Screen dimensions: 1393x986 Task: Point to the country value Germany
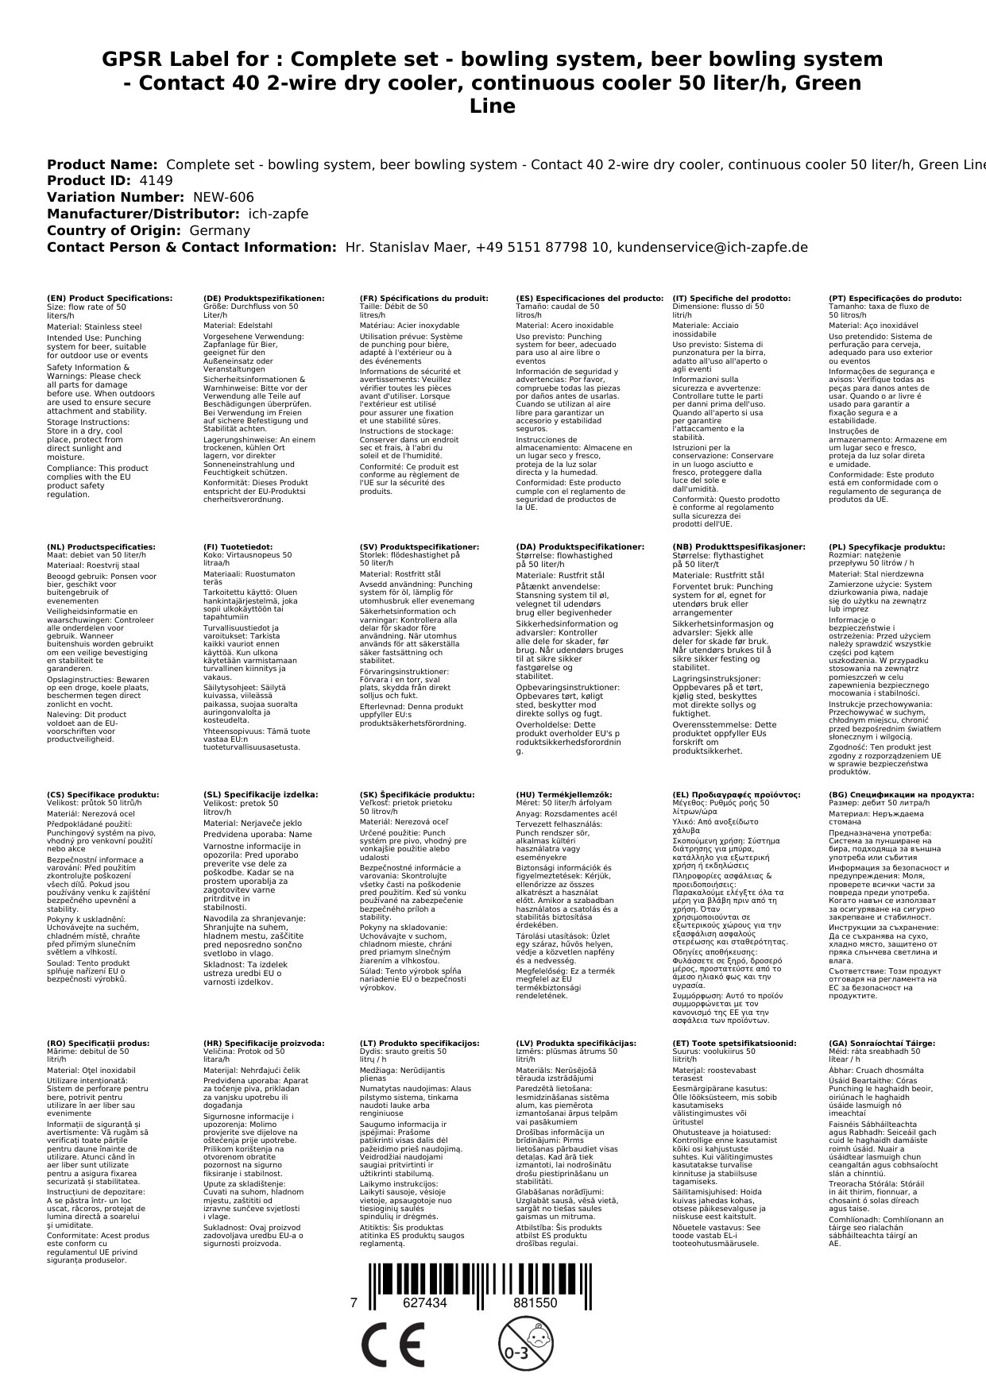219,230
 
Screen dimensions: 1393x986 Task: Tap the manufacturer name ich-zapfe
278,214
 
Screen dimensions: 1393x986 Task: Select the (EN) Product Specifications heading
110,299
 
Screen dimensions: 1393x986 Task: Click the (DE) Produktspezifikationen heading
264,299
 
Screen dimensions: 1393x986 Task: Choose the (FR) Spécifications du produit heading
423,299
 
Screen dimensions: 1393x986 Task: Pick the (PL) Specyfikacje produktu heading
887,547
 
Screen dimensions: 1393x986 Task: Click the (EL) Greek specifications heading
737,795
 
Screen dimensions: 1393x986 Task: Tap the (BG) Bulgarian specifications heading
901,795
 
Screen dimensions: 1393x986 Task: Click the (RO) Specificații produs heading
98,1044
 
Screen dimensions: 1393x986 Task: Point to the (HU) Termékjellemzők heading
564,795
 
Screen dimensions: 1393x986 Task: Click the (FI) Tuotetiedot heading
238,547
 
